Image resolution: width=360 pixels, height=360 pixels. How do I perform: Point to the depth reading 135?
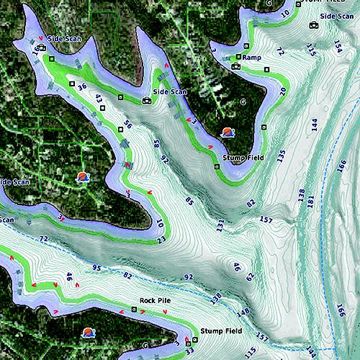[281, 154]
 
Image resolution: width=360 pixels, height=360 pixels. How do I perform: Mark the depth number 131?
[220, 225]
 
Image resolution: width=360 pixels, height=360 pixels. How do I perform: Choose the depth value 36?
[82, 86]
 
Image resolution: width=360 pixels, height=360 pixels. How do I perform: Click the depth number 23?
[161, 239]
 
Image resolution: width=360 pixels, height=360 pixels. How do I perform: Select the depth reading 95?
[96, 269]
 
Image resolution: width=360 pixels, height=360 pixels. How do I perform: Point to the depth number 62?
[250, 276]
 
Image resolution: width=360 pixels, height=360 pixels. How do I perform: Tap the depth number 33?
[189, 351]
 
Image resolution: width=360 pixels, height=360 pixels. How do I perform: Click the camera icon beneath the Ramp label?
[235, 66]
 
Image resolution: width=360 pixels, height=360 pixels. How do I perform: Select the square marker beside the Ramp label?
[238, 56]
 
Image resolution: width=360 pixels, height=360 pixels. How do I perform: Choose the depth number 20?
[282, 91]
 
